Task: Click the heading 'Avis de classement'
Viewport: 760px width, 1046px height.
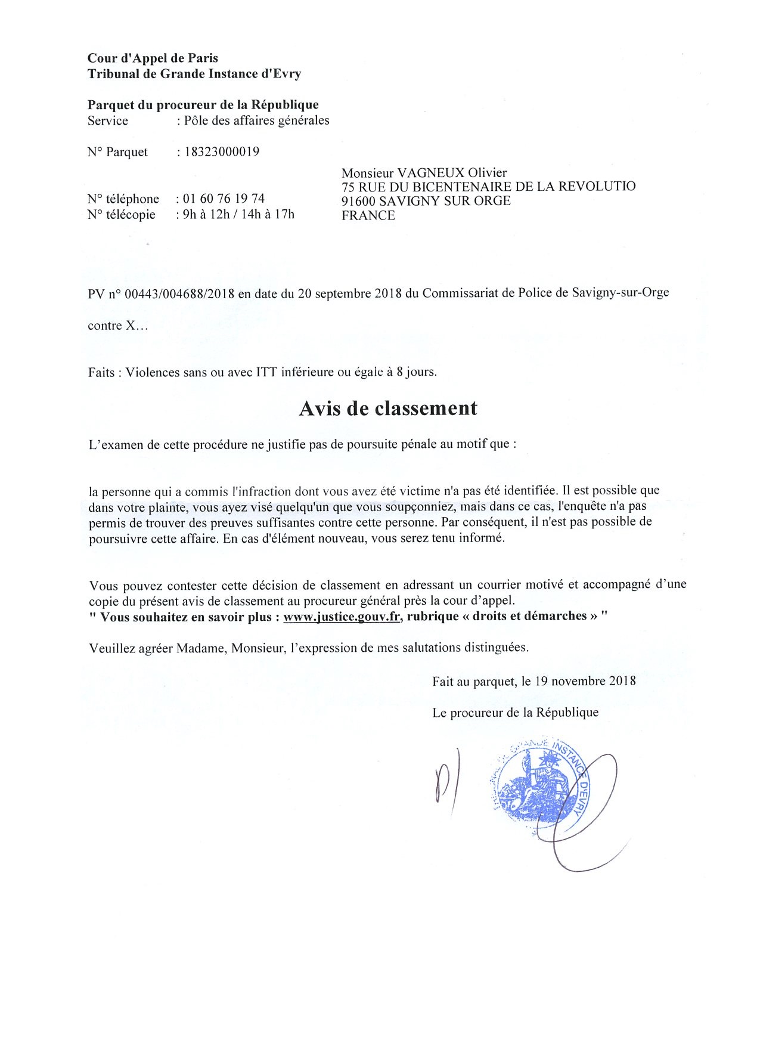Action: [x=387, y=409]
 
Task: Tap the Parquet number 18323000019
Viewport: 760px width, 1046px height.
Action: [x=222, y=151]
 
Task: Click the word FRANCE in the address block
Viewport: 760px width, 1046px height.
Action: [x=368, y=215]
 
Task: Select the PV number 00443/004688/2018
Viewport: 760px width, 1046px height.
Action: [x=179, y=293]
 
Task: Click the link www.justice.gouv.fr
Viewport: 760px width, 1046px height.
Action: [x=342, y=617]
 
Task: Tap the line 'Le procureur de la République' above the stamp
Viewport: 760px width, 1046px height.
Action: [x=516, y=712]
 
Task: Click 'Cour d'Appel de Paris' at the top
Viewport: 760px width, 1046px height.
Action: [x=153, y=58]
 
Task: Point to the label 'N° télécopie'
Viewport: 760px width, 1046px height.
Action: [x=121, y=214]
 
